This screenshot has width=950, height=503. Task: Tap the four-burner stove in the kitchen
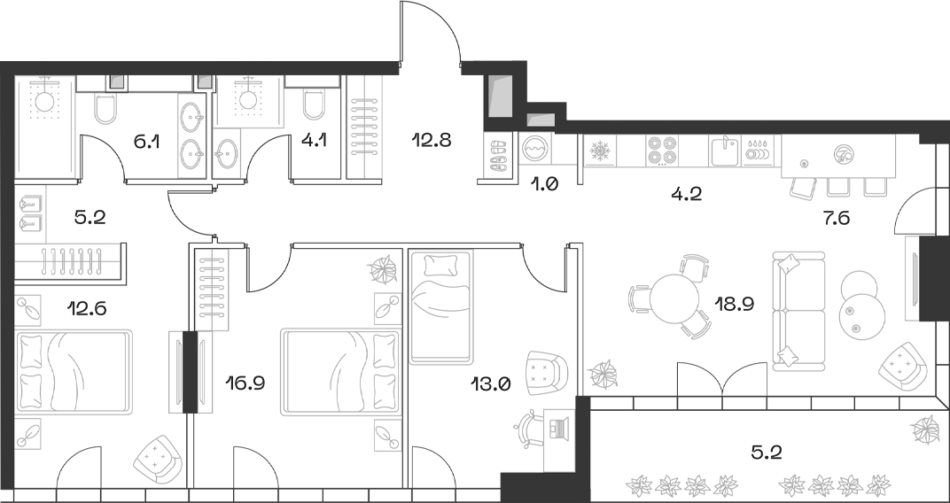662,150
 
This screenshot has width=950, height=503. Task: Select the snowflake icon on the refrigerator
601,151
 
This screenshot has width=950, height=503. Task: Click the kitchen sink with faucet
726,151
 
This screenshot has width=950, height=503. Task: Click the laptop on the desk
557,428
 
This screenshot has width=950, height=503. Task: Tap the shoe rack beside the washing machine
497,156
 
